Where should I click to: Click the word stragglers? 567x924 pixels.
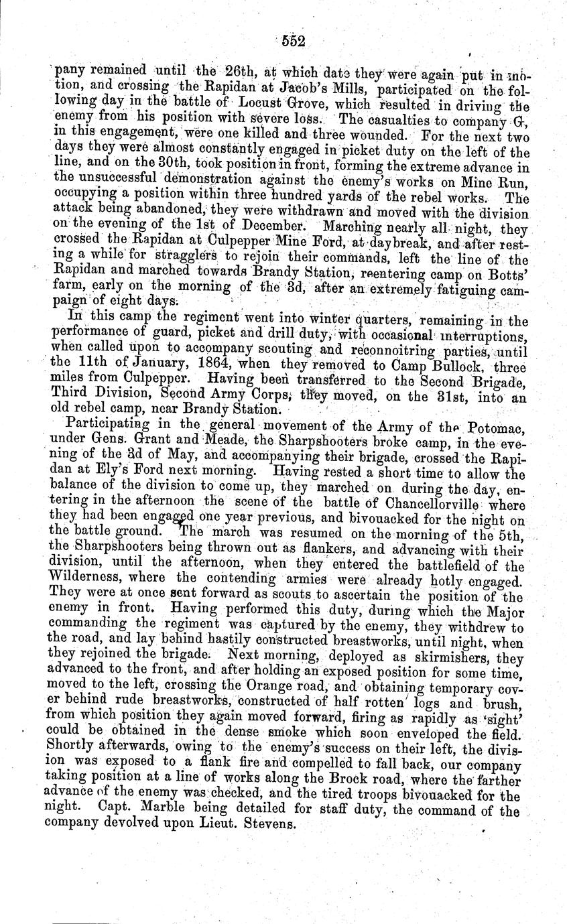click(x=164, y=258)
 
